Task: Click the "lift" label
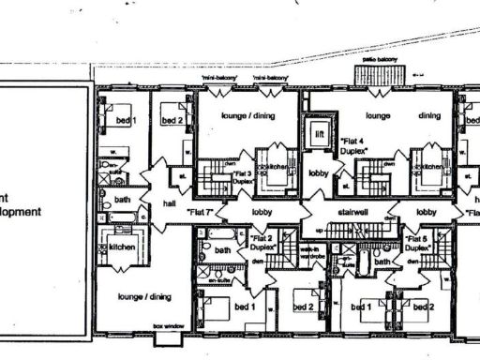pyautogui.click(x=321, y=134)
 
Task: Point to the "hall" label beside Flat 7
pyautogui.click(x=168, y=202)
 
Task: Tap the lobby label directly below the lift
pyautogui.click(x=320, y=175)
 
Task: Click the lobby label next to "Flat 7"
pyautogui.click(x=261, y=213)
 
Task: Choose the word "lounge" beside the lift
pyautogui.click(x=378, y=115)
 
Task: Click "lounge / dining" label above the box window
pyautogui.click(x=143, y=296)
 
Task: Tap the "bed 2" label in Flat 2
pyautogui.click(x=303, y=307)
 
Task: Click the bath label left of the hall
pyautogui.click(x=123, y=199)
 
